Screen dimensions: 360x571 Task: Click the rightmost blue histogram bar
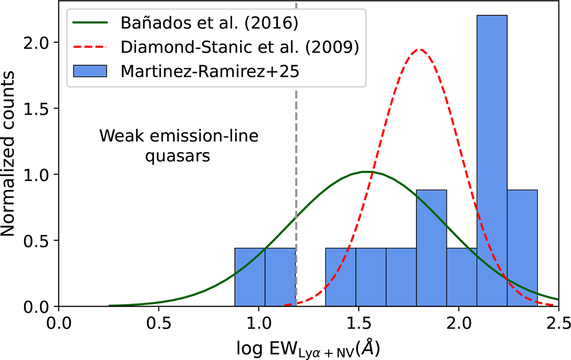pyautogui.click(x=522, y=248)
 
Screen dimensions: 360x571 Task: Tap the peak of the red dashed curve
pyautogui.click(x=419, y=49)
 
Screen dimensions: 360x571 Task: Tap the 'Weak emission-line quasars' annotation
pyautogui.click(x=178, y=146)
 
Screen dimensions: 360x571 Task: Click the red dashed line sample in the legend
pyautogui.click(x=90, y=47)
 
